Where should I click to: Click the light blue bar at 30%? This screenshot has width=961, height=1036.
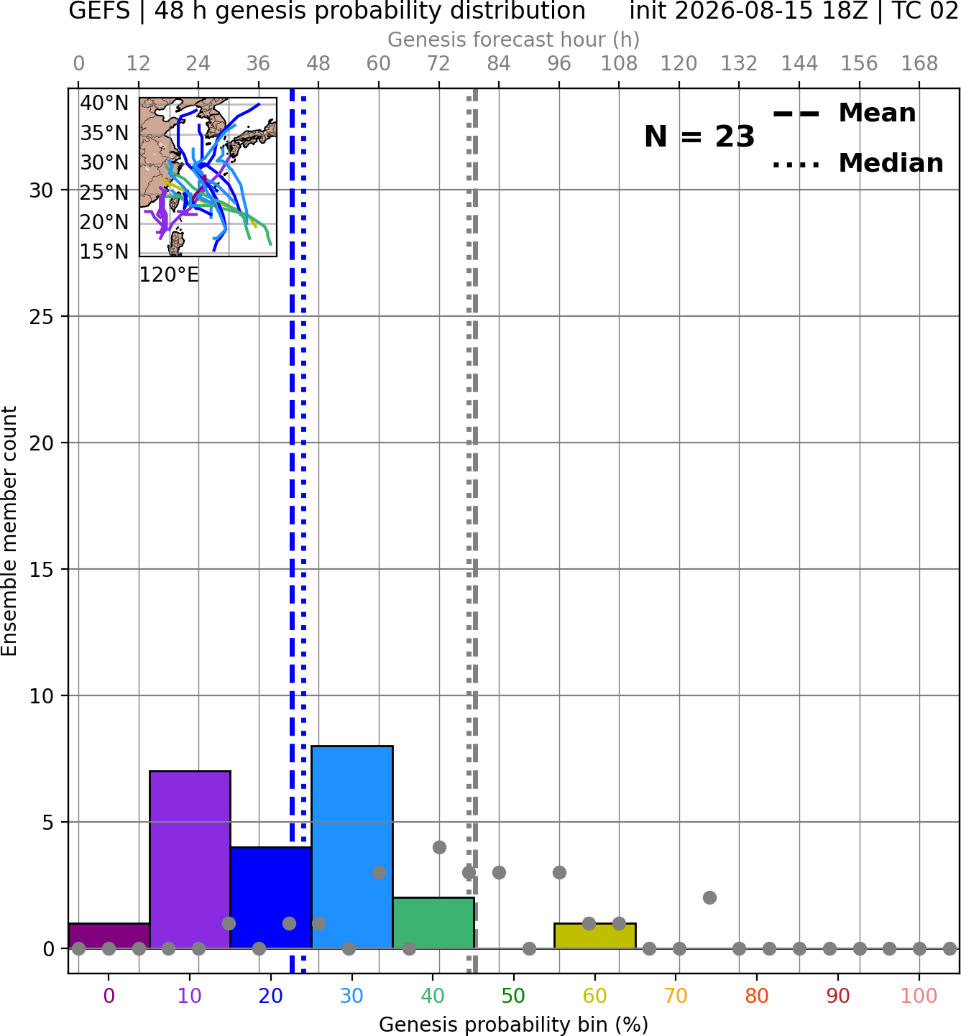click(x=351, y=847)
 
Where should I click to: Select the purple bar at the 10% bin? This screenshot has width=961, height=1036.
click(x=190, y=860)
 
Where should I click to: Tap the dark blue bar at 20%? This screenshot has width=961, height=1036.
click(x=271, y=898)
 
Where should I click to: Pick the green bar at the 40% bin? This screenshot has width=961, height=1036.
click(x=433, y=923)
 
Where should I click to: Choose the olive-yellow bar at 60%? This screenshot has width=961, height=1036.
click(x=595, y=936)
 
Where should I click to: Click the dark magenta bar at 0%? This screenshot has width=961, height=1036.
click(x=109, y=936)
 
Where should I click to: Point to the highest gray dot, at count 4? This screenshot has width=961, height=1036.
click(x=439, y=847)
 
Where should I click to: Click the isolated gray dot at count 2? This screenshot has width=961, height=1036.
click(x=709, y=898)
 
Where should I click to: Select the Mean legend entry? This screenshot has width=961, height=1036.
click(x=844, y=113)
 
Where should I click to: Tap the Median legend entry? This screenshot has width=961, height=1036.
click(x=858, y=163)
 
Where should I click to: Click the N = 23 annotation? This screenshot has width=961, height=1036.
click(x=699, y=137)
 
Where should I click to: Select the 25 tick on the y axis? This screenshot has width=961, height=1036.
click(x=42, y=317)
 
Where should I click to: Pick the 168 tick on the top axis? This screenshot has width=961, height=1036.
click(x=919, y=64)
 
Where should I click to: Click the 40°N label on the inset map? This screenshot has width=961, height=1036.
click(x=104, y=103)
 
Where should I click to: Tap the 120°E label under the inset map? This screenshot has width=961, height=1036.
click(x=169, y=275)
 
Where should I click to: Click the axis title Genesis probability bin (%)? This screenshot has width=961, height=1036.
click(x=514, y=1025)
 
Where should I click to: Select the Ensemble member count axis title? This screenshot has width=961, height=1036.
click(x=9, y=531)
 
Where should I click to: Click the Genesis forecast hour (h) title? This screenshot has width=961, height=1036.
click(x=514, y=40)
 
